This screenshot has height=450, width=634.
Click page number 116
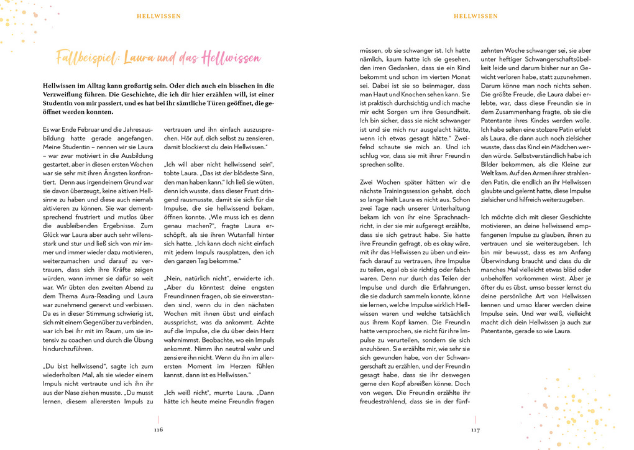158,429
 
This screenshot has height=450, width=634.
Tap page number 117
475,429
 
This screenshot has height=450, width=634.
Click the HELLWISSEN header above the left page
158,16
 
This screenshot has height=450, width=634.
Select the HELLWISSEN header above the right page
475,16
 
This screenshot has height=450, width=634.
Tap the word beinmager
436,85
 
